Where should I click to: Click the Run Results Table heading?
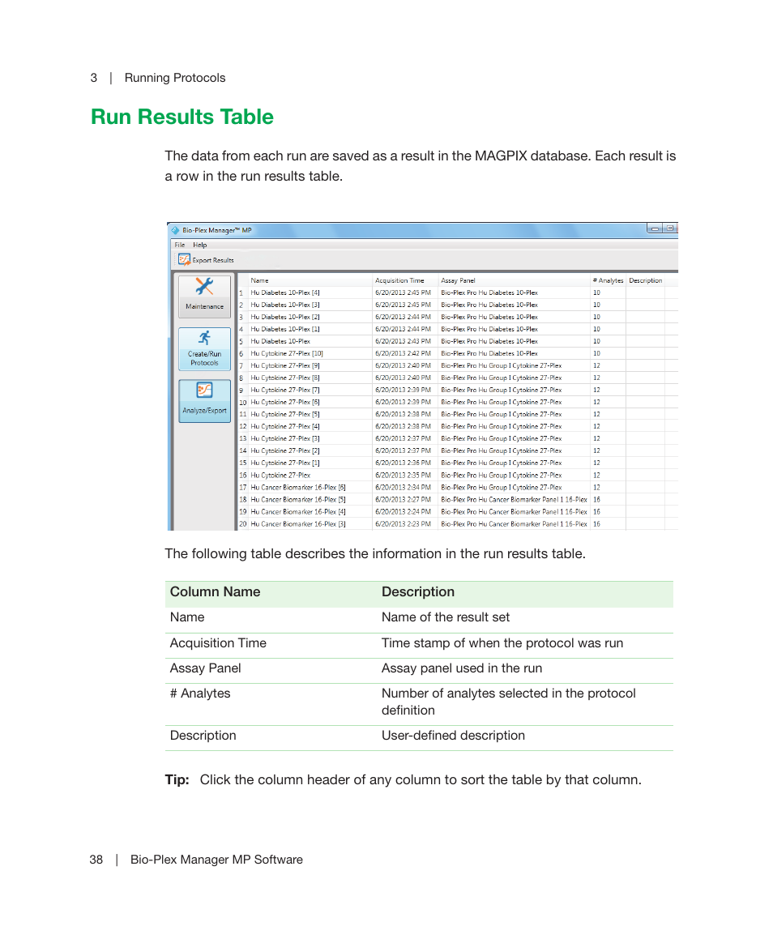pos(182,117)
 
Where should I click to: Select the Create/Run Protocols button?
pos(204,348)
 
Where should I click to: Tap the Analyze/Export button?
pos(204,401)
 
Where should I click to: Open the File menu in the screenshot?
pos(179,245)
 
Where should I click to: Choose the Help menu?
pos(199,245)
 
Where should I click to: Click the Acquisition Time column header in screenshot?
pos(399,280)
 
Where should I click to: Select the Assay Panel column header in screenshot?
pos(458,280)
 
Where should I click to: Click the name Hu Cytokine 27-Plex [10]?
pos(287,353)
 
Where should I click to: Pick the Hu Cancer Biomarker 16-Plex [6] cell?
pos(297,487)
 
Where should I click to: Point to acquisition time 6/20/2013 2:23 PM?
pos(403,523)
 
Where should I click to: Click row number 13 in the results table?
pos(242,438)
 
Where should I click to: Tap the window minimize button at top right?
pos(655,229)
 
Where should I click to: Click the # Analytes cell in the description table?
pos(200,694)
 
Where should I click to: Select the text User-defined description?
pos(453,736)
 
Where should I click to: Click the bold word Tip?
pos(177,780)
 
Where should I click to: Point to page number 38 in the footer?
pos(96,860)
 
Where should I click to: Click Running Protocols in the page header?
pos(175,78)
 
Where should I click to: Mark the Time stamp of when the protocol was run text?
pos(502,643)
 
